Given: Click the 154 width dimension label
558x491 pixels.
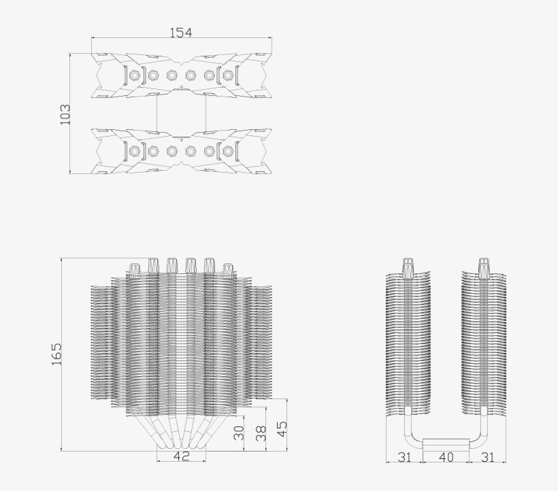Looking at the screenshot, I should pos(182,33).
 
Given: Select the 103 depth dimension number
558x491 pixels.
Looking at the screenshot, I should pos(65,114).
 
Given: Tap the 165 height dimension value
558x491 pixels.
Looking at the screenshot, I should pos(56,354).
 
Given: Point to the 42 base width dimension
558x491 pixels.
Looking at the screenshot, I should pos(181,456).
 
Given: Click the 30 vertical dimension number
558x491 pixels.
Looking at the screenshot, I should pos(239,433).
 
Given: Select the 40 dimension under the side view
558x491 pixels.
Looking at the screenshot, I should pos(446,457).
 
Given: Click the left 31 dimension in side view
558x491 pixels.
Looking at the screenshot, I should pos(404,457).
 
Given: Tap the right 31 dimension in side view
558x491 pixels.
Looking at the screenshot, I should pos(487,457).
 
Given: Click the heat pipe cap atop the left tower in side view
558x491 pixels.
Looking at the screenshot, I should pos(408,266).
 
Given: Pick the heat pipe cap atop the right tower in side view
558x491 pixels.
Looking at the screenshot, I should pos(484,266).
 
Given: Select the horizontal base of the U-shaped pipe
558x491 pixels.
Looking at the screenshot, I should pos(446,444).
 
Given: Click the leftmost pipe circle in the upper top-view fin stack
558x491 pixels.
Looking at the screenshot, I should pos(135,74).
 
